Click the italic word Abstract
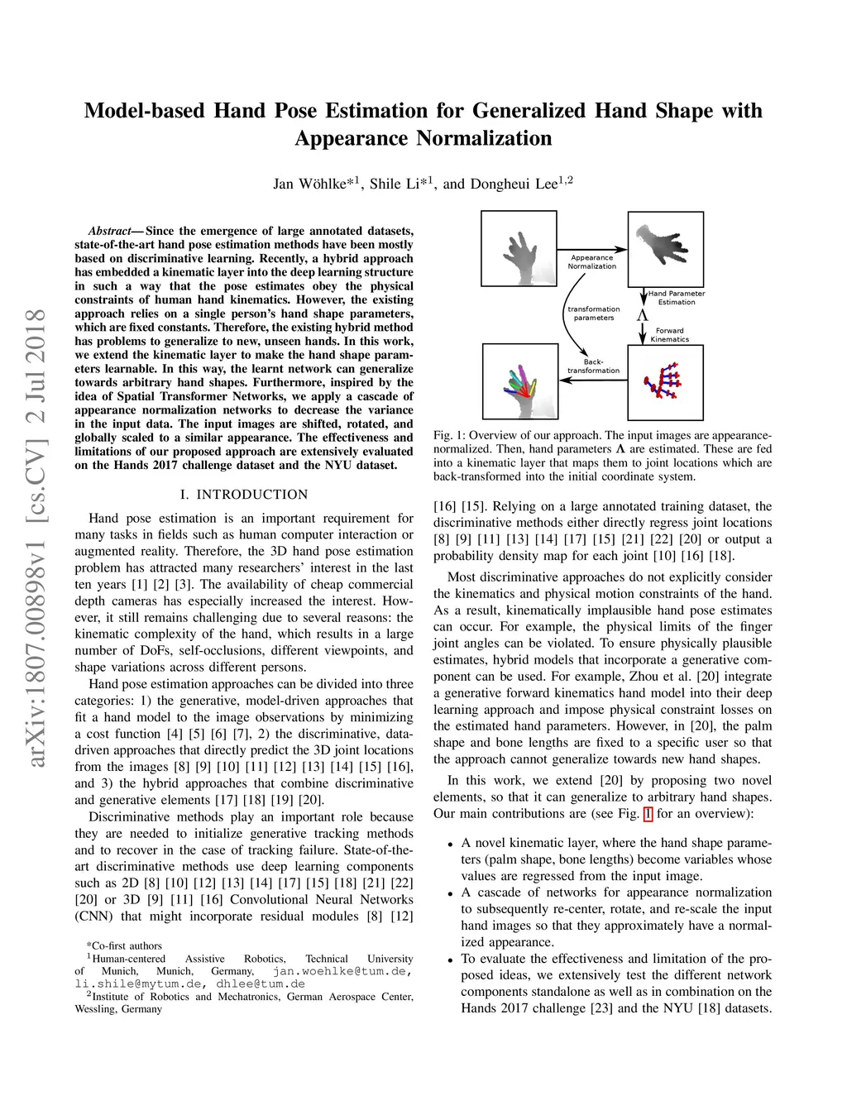(110, 231)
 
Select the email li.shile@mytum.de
(138, 984)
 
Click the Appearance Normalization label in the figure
(592, 262)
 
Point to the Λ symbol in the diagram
(642, 315)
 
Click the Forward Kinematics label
(669, 335)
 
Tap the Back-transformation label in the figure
(593, 366)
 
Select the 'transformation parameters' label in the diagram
(593, 313)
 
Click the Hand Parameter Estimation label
(677, 298)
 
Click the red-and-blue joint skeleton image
(665, 382)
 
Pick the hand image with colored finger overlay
(519, 381)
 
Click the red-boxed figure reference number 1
(648, 814)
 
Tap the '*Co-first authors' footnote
(124, 945)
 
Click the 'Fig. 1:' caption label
(449, 435)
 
